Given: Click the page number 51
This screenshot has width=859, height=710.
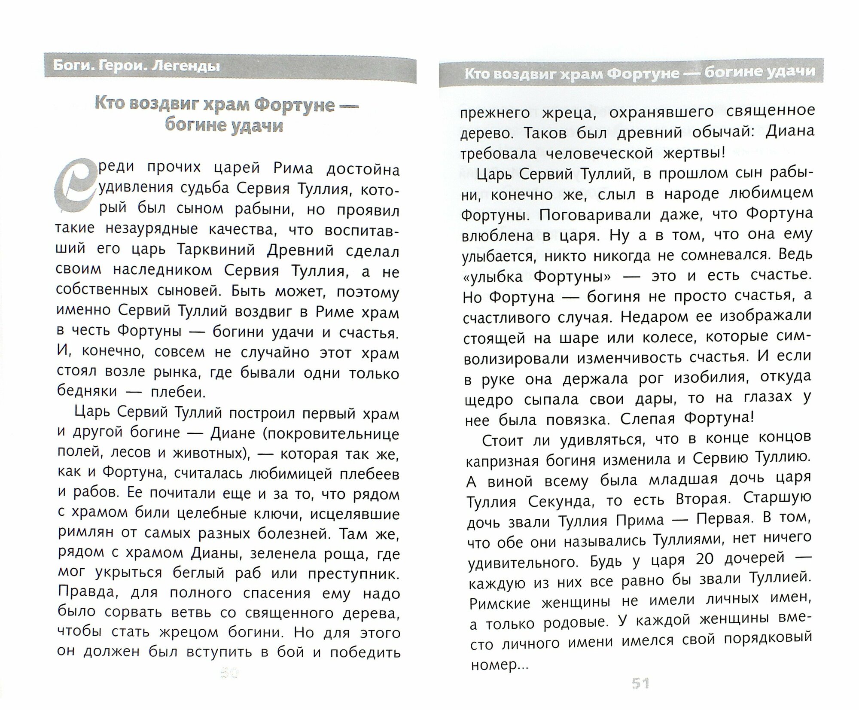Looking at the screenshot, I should tap(640, 695).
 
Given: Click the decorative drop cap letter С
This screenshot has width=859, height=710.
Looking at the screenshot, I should tap(74, 186).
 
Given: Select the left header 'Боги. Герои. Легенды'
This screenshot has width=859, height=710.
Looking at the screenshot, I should tap(137, 67).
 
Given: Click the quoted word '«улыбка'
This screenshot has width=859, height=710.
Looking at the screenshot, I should tap(493, 277).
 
